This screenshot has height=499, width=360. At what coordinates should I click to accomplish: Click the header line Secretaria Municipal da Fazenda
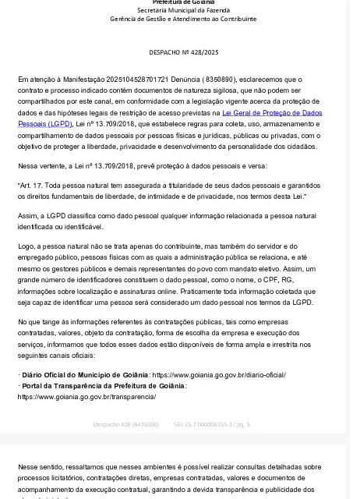pos(183,10)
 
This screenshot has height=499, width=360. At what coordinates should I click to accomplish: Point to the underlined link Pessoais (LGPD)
pos(44,124)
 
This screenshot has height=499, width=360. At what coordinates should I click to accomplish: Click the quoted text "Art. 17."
pos(34,185)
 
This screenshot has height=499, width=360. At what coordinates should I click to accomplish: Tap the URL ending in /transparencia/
pos(86,397)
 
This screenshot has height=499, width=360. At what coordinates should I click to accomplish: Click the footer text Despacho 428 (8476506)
pos(125,424)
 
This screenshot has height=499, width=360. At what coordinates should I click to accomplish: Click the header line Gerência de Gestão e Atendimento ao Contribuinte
pos(183,19)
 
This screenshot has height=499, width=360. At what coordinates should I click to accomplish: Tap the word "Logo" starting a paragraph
pos(26,246)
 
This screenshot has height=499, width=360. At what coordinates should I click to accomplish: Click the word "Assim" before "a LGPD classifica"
pos(26,215)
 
